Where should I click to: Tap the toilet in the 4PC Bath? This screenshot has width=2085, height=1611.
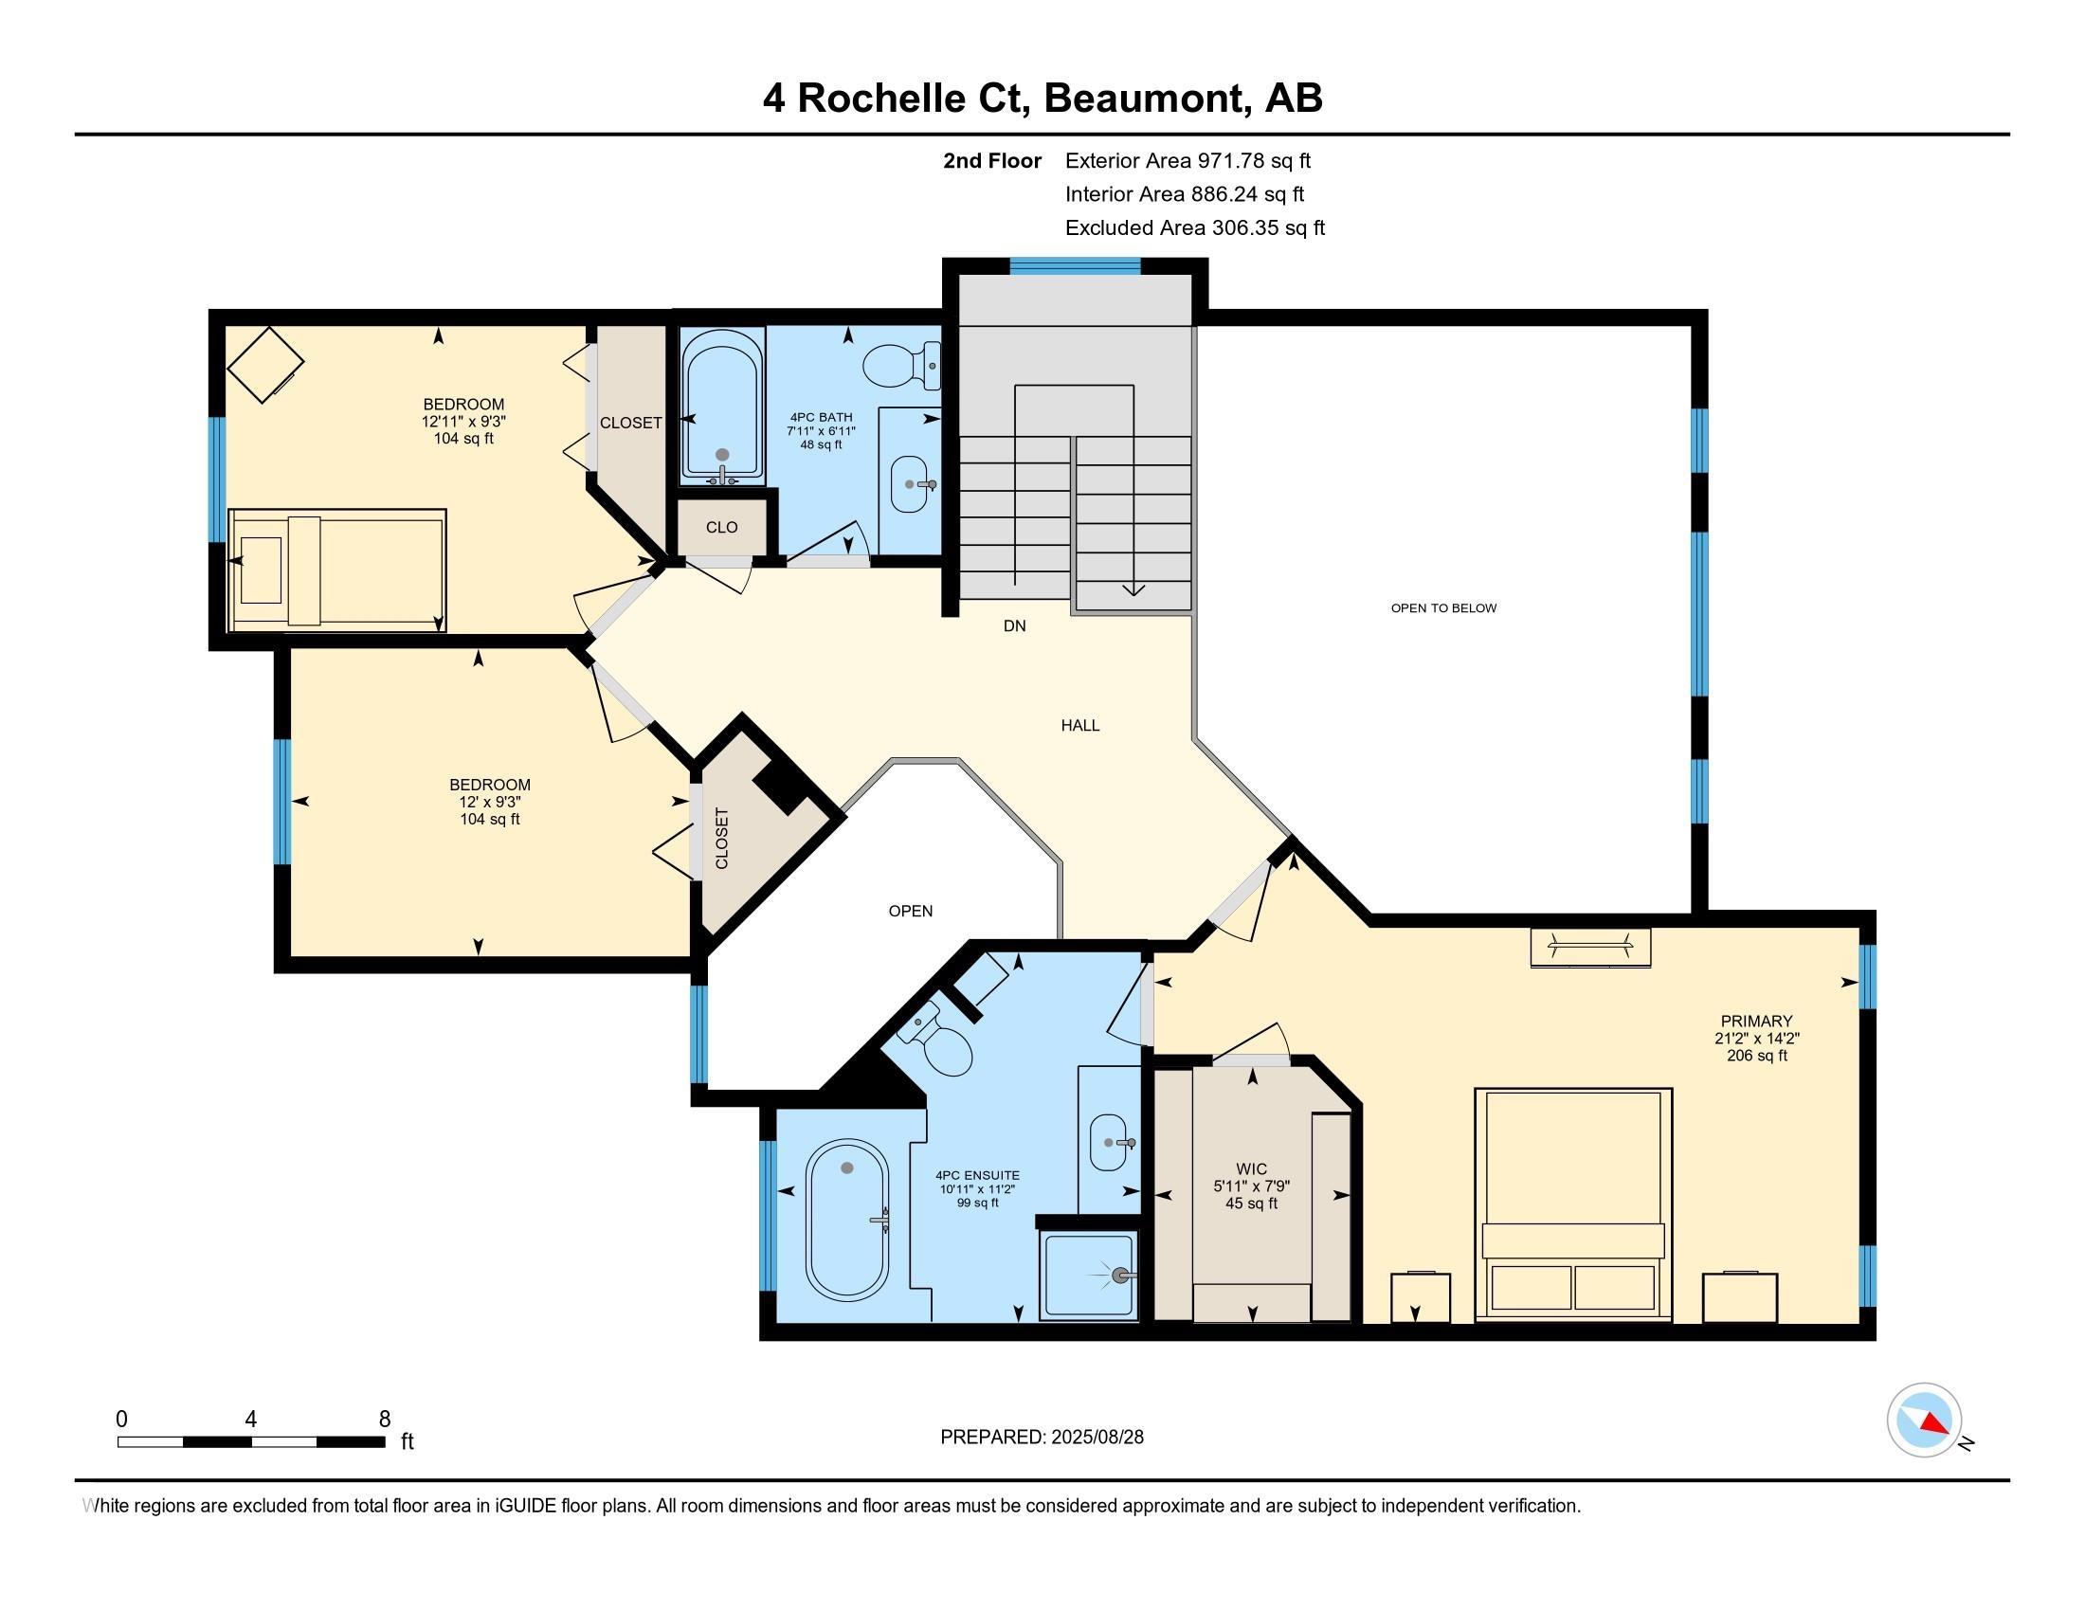pyautogui.click(x=902, y=367)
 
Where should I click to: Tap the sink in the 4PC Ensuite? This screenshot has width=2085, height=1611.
pyautogui.click(x=1110, y=1142)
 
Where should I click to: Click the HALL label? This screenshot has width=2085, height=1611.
pyautogui.click(x=1080, y=725)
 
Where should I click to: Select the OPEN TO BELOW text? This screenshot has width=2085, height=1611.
pyautogui.click(x=1443, y=608)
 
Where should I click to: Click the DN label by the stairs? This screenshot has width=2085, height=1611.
pyautogui.click(x=1015, y=626)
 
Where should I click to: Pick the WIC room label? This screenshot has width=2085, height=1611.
pyautogui.click(x=1252, y=1169)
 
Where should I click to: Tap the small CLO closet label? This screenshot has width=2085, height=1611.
pyautogui.click(x=722, y=527)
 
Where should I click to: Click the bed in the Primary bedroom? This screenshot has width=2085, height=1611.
pyautogui.click(x=1573, y=1204)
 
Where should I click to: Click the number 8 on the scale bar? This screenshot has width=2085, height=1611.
pyautogui.click(x=385, y=1420)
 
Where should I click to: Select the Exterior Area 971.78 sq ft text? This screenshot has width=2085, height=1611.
pyautogui.click(x=1188, y=161)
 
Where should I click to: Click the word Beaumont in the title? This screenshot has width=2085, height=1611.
pyautogui.click(x=1148, y=99)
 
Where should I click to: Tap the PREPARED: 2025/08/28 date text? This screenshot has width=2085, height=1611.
pyautogui.click(x=1042, y=1438)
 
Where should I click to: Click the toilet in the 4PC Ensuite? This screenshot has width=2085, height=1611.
pyautogui.click(x=940, y=1040)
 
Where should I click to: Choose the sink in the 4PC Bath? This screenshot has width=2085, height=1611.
pyautogui.click(x=913, y=484)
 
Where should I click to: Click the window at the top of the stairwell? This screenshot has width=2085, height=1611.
pyautogui.click(x=1075, y=266)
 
